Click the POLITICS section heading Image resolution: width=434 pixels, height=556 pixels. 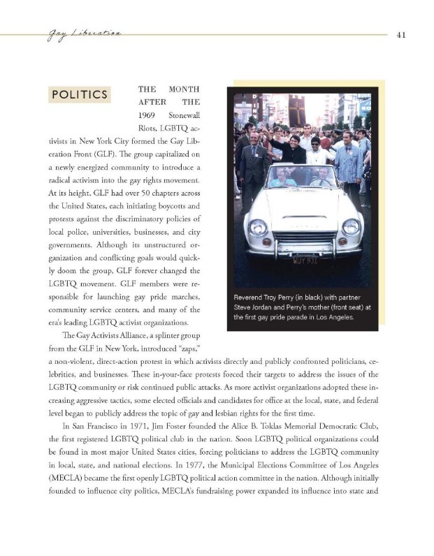(x=79, y=94)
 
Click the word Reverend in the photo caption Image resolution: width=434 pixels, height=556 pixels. (x=254, y=296)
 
